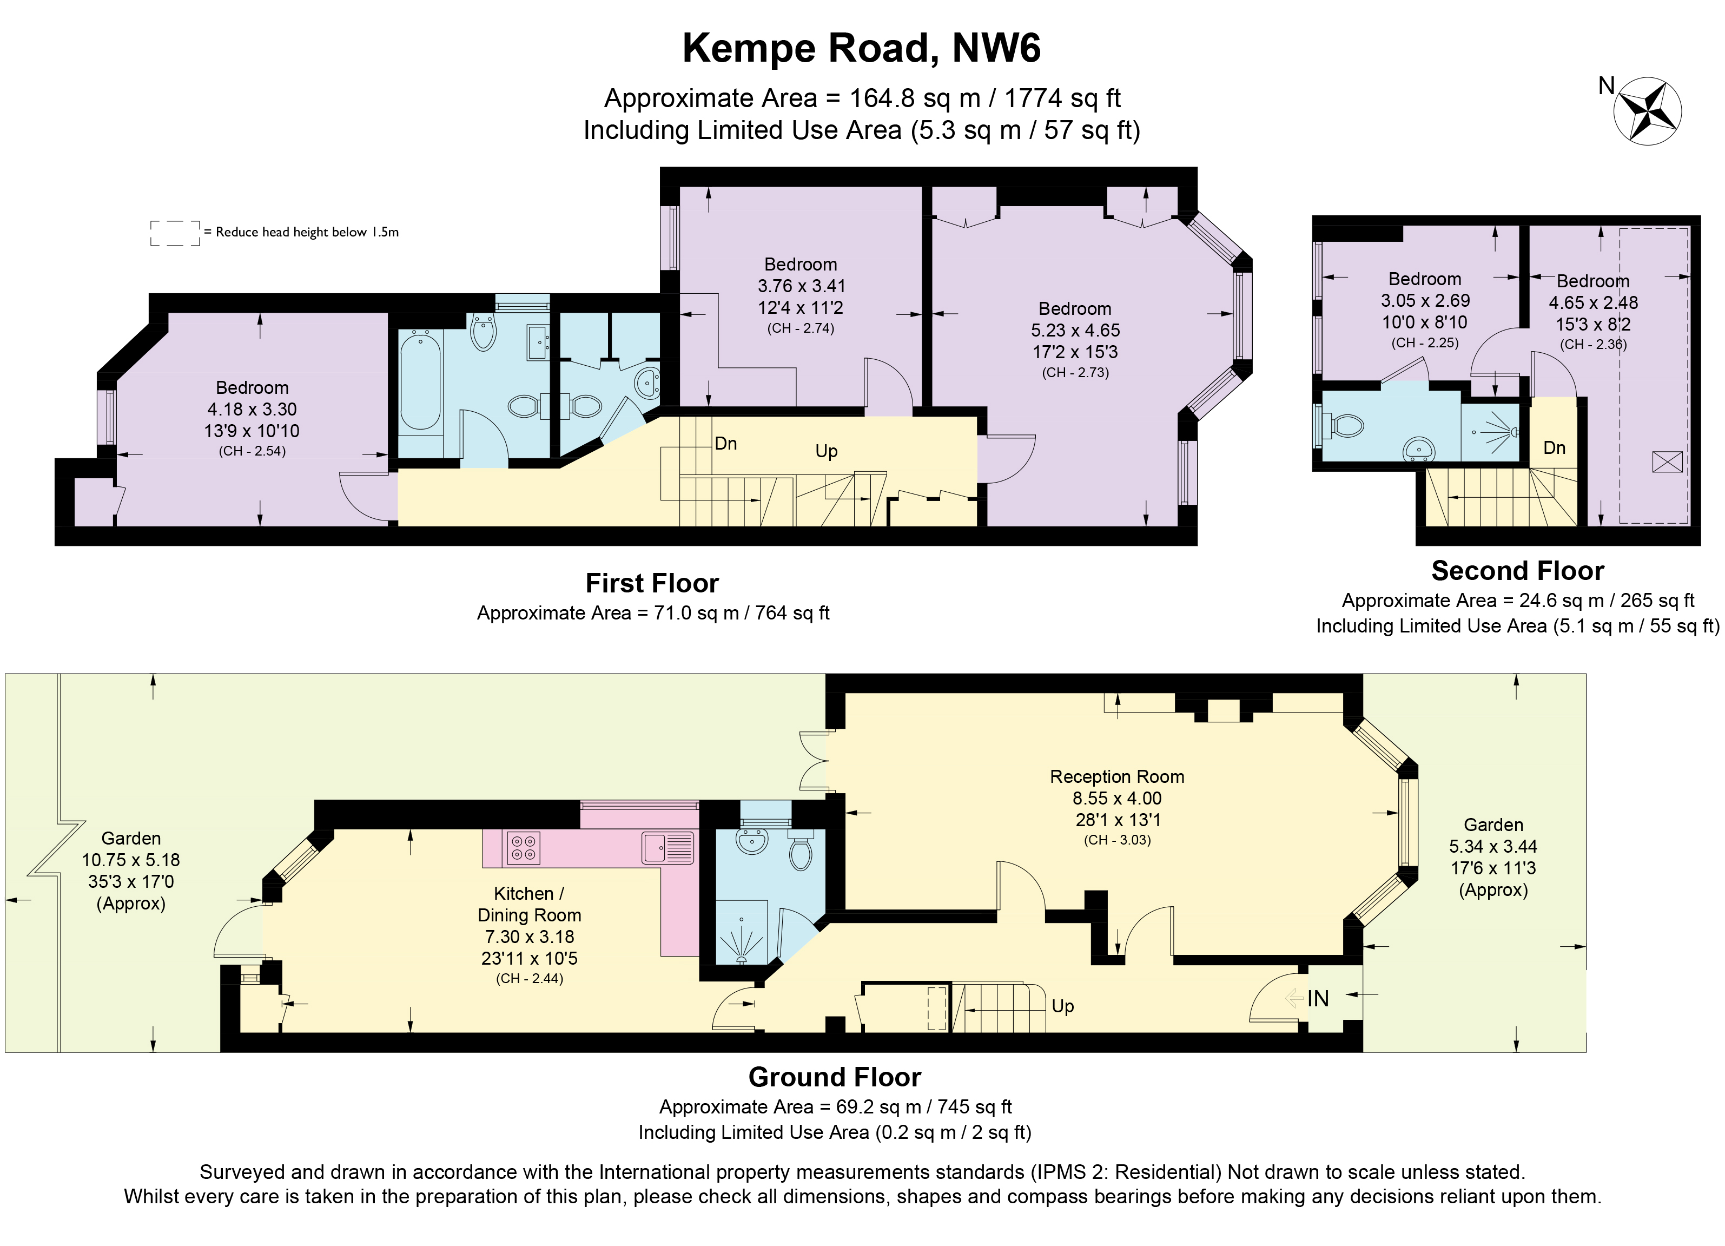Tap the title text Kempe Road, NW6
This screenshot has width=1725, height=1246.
(861, 48)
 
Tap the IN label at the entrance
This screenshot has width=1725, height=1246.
(1318, 999)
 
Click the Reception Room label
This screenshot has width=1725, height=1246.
(1116, 777)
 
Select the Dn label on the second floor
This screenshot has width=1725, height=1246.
(1554, 448)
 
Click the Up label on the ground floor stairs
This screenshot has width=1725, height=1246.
(1062, 1006)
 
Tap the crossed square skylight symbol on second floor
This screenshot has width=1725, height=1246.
(1667, 462)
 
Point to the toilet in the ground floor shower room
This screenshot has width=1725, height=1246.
(800, 853)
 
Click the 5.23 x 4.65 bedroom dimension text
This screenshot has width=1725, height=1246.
(1075, 330)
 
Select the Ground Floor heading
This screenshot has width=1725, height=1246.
(834, 1077)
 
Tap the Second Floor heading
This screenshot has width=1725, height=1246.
(1517, 570)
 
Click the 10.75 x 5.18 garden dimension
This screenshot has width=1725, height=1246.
(131, 860)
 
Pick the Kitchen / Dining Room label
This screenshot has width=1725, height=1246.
(528, 905)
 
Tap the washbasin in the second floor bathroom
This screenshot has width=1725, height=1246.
(1418, 450)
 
